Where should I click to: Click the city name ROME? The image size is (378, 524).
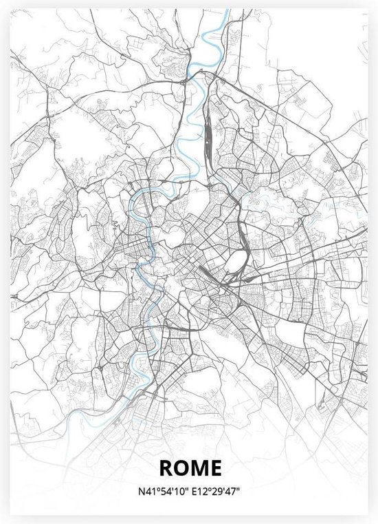point(190,468)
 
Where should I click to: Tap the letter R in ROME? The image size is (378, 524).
point(166,468)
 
